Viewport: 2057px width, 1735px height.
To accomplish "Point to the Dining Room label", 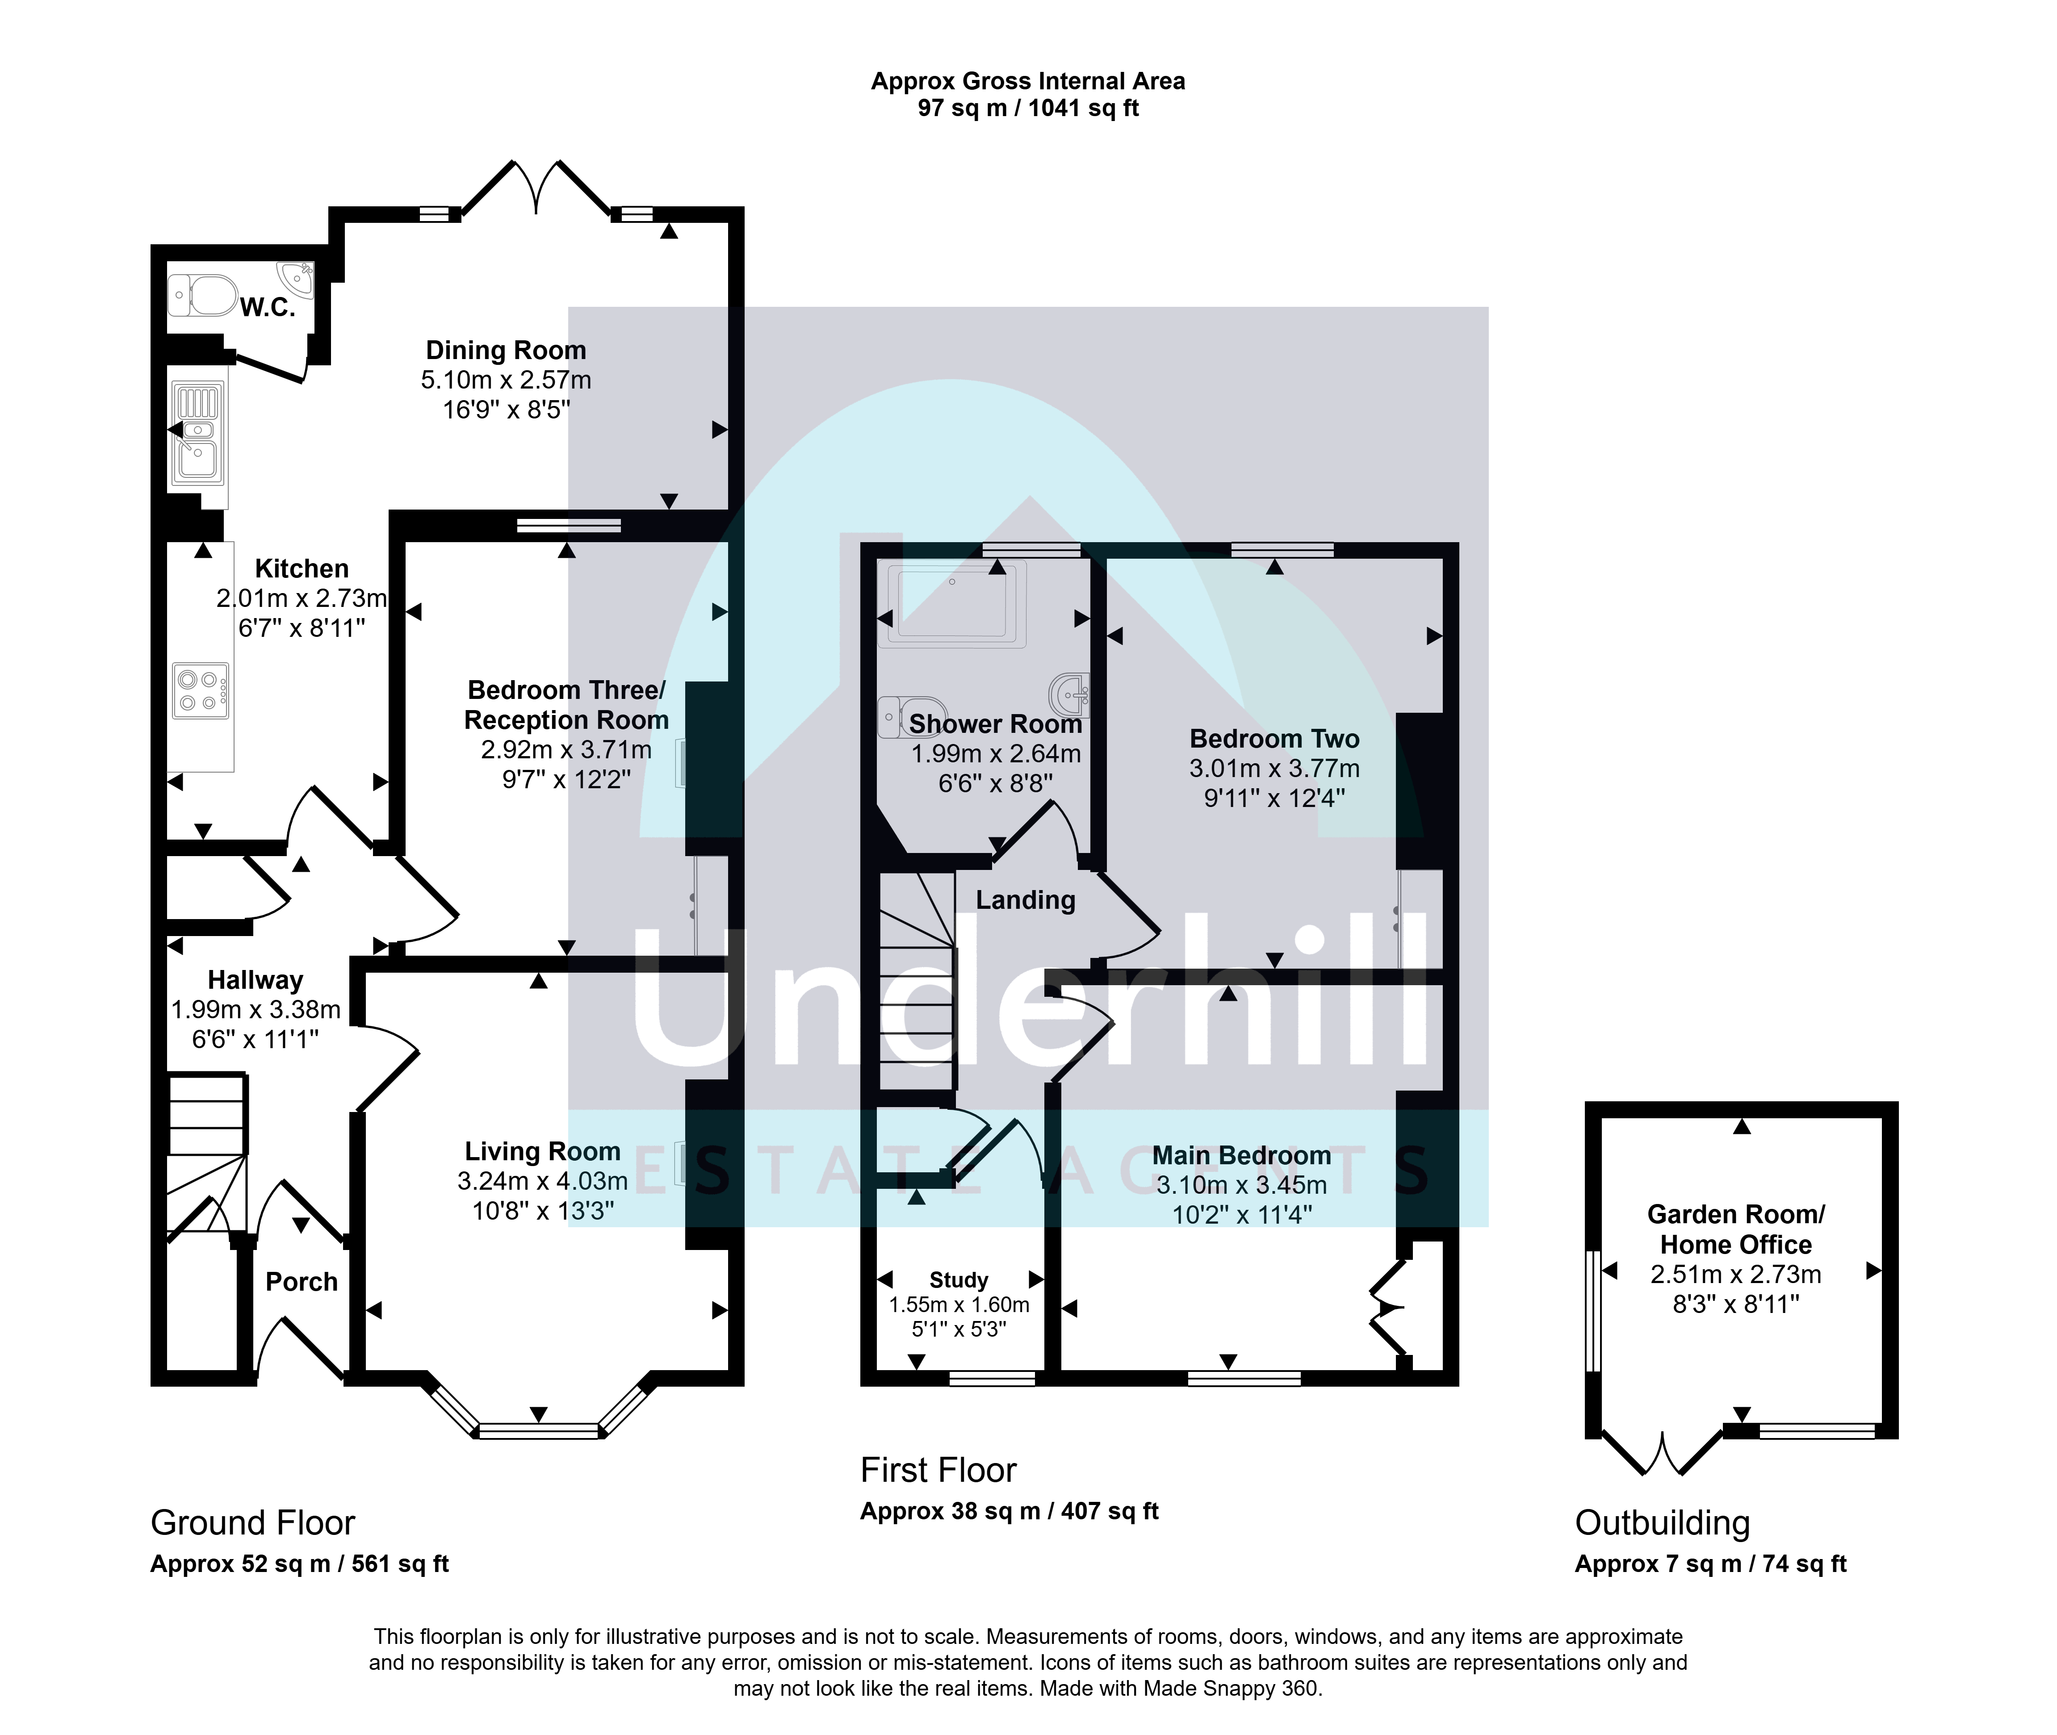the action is click(506, 350).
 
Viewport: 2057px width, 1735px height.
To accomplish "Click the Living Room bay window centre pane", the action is click(539, 1431).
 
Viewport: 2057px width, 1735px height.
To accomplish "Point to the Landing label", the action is click(1025, 900).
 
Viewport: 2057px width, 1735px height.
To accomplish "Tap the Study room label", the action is click(958, 1279).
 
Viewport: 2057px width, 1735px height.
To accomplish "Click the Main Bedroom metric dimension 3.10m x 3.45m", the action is click(1241, 1185).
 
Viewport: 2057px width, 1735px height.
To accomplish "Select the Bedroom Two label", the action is click(1274, 739).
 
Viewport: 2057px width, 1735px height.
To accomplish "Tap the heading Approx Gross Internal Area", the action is click(1028, 81).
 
